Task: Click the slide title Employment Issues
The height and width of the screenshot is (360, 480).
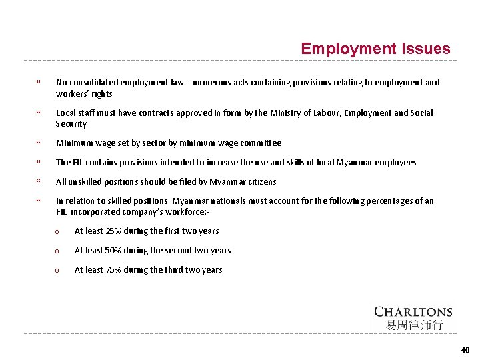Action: click(375, 49)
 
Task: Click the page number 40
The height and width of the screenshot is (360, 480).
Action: click(465, 350)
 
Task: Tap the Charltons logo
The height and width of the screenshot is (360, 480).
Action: click(413, 311)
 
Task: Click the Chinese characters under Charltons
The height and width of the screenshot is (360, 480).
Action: click(414, 325)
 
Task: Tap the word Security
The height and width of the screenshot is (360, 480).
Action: click(71, 124)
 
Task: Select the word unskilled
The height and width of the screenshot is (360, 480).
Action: click(86, 182)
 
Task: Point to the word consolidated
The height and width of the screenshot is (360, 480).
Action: click(101, 83)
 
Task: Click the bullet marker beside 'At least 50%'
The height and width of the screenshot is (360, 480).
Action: click(58, 251)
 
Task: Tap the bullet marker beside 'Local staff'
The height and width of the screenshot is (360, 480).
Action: click(39, 114)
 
